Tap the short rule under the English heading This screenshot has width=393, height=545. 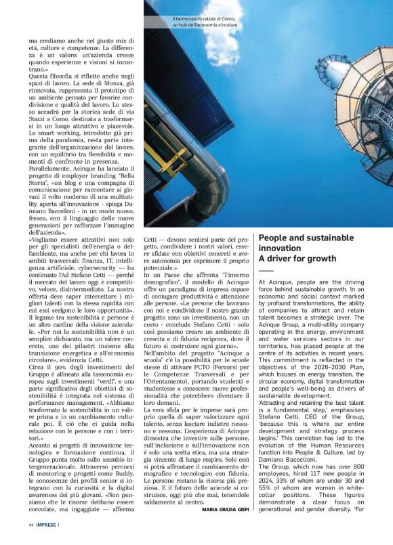266,271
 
